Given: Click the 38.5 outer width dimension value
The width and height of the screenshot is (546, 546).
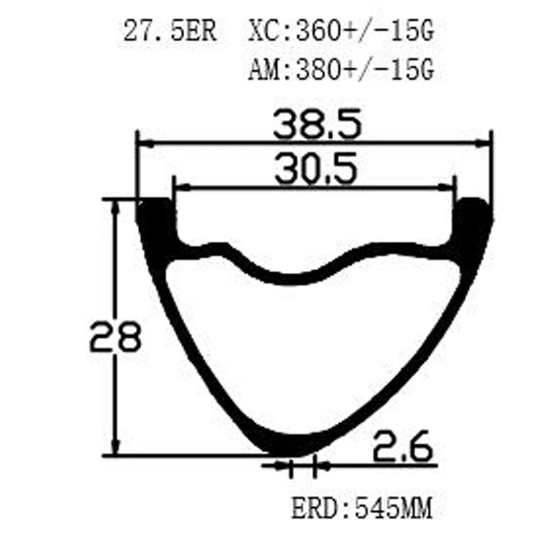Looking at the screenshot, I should pyautogui.click(x=315, y=125).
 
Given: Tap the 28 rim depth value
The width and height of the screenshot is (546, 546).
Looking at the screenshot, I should pyautogui.click(x=114, y=335).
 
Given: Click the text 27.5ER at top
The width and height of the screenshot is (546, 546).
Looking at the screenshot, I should pyautogui.click(x=169, y=32).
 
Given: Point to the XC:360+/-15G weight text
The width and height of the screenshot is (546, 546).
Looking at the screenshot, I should pyautogui.click(x=341, y=32).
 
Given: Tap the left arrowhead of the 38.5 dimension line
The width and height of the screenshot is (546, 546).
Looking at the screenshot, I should pyautogui.click(x=143, y=143).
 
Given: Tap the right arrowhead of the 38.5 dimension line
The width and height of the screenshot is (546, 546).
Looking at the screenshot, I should pyautogui.click(x=485, y=143).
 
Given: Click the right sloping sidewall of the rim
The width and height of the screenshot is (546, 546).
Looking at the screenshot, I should pyautogui.click(x=416, y=355).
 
